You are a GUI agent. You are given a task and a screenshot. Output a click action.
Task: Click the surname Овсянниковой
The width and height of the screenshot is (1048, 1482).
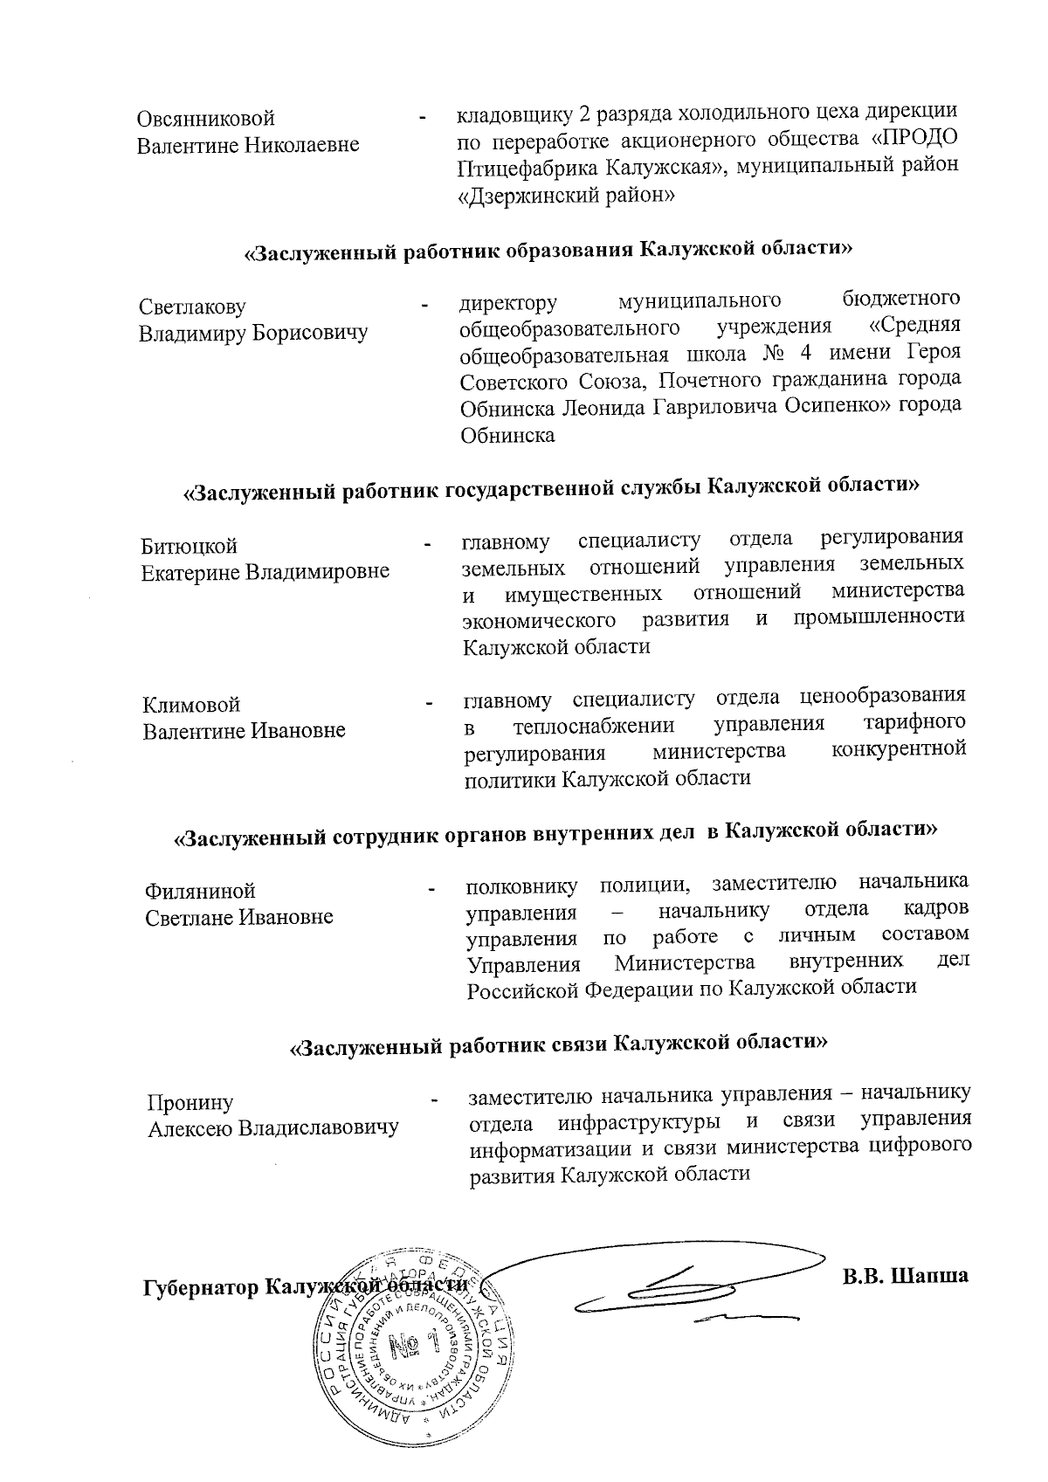pos(206,118)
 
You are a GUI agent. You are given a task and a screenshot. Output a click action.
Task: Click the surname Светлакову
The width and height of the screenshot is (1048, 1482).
pos(192,307)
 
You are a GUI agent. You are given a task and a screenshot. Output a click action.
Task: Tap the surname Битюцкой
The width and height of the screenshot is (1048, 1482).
pos(190,546)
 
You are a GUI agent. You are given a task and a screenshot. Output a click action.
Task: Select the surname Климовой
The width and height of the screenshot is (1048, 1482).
pos(191,704)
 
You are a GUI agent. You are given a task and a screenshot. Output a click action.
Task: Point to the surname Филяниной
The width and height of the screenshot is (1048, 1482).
pos(201,891)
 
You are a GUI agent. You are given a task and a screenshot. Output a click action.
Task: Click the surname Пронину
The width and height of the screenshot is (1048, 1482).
pos(190,1102)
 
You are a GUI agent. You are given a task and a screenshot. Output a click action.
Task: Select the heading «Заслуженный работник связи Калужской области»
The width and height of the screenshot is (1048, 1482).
pos(558,1043)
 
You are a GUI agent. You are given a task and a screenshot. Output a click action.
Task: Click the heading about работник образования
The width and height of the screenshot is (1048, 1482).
pos(548,251)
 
